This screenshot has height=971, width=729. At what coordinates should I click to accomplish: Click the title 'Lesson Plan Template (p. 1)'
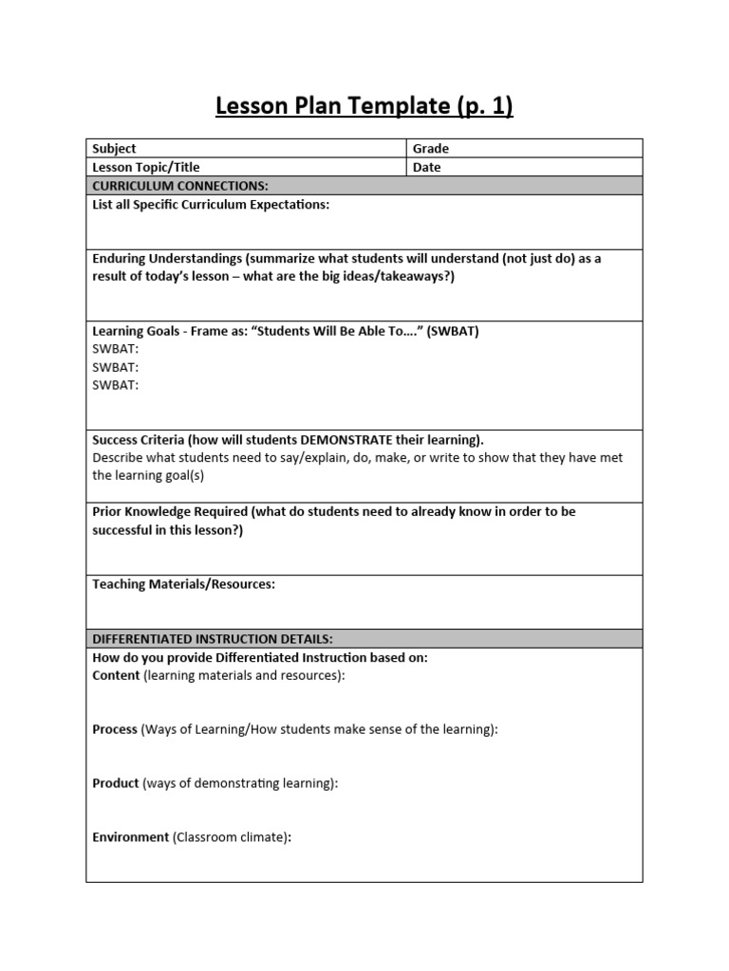[364, 106]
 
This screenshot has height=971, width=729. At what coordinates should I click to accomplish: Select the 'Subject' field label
[114, 149]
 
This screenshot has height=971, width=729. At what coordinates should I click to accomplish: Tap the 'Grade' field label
[431, 149]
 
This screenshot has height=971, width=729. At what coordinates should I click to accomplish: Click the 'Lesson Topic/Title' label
[146, 168]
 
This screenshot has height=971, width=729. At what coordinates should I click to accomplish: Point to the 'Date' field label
[427, 168]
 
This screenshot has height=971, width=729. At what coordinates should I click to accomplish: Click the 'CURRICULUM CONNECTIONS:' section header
[180, 186]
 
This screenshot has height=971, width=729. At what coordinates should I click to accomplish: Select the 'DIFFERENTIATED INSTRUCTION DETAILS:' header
[213, 639]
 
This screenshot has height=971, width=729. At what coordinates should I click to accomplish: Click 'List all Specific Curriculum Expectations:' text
[211, 205]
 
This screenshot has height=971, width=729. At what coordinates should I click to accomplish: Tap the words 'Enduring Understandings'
[166, 259]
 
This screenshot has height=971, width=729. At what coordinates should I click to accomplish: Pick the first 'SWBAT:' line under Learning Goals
[116, 349]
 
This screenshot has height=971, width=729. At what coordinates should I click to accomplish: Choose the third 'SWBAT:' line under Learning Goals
[116, 385]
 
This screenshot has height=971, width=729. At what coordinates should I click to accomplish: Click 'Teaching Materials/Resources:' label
[183, 585]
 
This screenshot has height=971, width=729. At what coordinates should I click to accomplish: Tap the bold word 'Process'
[115, 729]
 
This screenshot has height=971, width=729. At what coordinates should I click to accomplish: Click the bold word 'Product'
[116, 783]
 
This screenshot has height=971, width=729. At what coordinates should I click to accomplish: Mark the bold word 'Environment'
[130, 838]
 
